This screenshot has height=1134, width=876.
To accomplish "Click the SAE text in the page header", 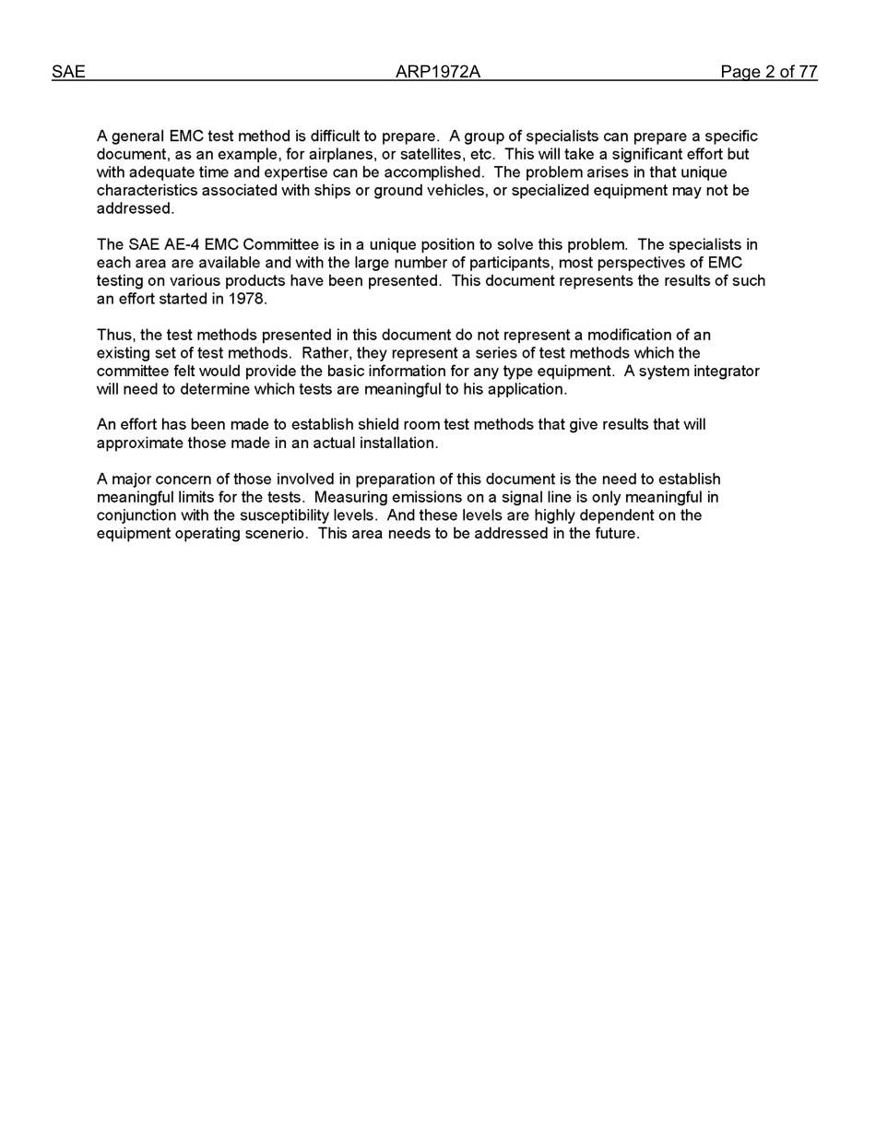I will [x=68, y=72].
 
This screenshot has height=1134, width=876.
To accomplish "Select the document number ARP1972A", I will [x=438, y=72].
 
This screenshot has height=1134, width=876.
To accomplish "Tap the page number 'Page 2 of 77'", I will [x=769, y=72].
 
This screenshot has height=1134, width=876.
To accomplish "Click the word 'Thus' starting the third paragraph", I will [x=114, y=336].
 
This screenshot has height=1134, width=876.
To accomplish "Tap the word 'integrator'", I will [x=726, y=372].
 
